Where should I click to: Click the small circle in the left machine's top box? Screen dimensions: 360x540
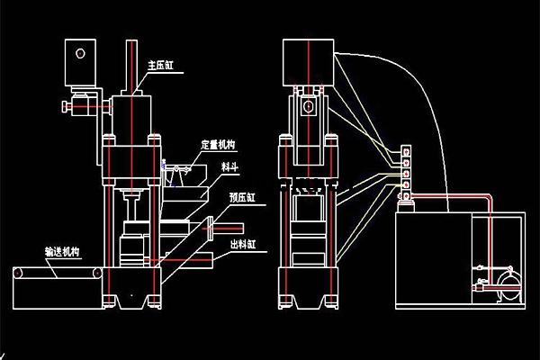tap(80, 54)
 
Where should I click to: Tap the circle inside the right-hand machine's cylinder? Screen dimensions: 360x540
tap(309, 107)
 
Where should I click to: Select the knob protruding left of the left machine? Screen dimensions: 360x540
tap(67, 109)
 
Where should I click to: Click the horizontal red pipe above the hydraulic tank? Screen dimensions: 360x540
tap(441, 200)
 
